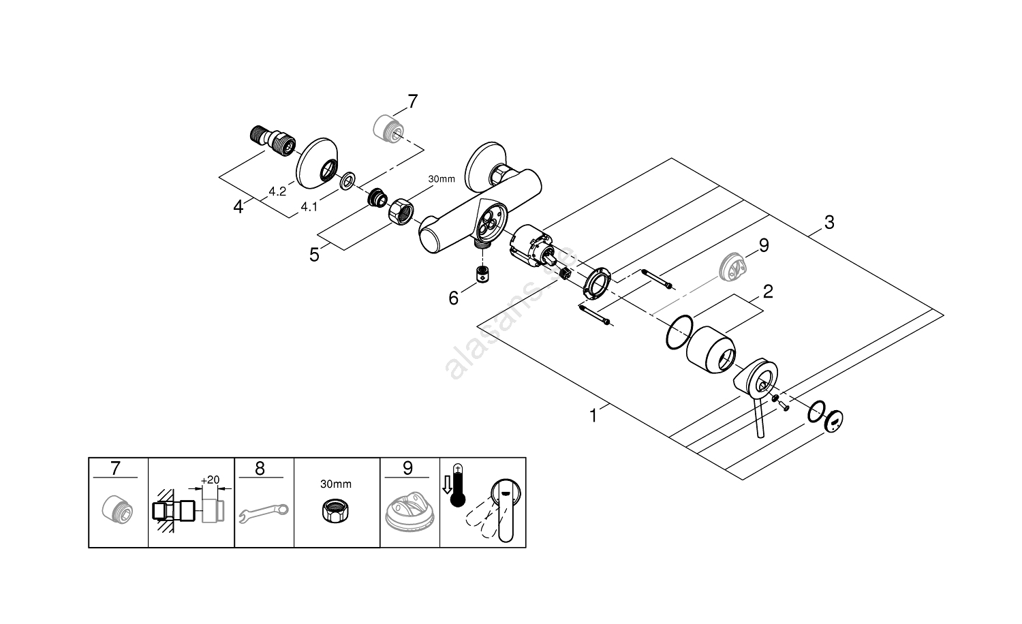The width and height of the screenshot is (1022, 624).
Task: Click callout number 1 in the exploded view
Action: click(593, 415)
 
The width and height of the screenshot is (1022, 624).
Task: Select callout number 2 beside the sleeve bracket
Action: click(768, 292)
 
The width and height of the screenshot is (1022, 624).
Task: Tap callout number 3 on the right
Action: click(829, 222)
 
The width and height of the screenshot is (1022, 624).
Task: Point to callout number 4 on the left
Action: click(238, 206)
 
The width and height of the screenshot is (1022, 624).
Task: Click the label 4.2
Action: click(277, 193)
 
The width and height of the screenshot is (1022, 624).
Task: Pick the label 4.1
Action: click(309, 206)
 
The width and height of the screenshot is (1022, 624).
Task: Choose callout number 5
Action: click(314, 255)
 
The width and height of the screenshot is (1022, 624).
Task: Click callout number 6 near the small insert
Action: click(454, 298)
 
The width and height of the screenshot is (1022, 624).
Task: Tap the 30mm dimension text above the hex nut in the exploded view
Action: click(441, 179)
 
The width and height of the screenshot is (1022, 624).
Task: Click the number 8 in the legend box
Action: click(260, 468)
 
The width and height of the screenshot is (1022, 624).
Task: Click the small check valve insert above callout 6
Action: click(482, 275)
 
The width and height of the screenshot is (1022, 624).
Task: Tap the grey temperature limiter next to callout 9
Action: click(730, 265)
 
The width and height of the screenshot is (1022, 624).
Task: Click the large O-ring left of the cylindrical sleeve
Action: click(679, 332)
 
